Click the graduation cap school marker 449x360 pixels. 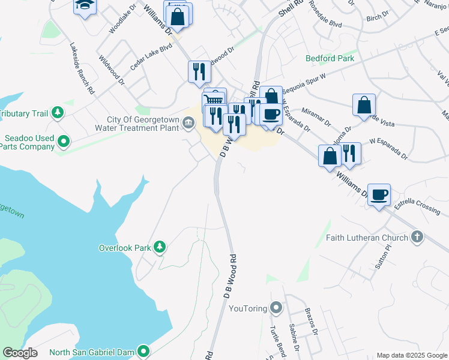pyautogui.click(x=85, y=5)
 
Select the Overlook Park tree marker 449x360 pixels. pyautogui.click(x=159, y=247)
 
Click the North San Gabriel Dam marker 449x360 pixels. pyautogui.click(x=143, y=351)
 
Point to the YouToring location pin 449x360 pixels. pyautogui.click(x=276, y=308)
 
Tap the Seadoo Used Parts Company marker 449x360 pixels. pyautogui.click(x=63, y=142)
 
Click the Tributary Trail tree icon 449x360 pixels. pyautogui.click(x=57, y=113)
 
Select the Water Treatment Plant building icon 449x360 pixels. pyautogui.click(x=188, y=124)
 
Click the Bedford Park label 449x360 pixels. pyautogui.click(x=330, y=58)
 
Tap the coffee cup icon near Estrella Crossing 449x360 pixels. pyautogui.click(x=379, y=195)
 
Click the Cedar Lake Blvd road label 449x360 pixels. pyautogui.click(x=151, y=56)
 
